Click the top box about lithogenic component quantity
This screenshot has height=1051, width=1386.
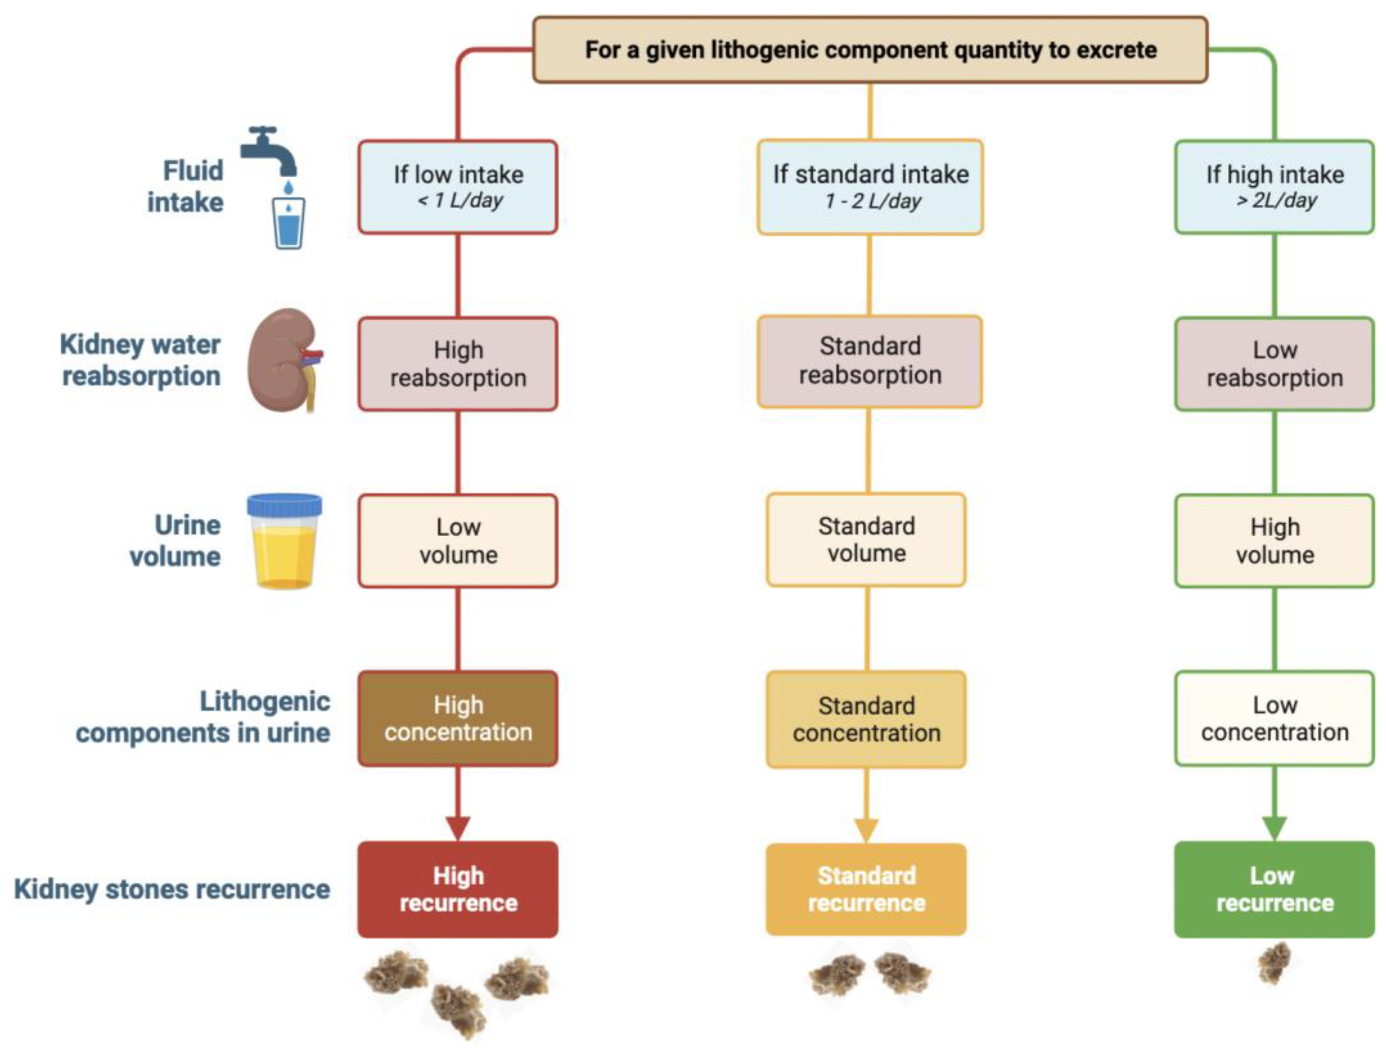[x=870, y=50]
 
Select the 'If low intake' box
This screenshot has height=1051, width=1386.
[x=458, y=187]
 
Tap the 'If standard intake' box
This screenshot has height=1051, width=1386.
[x=870, y=187]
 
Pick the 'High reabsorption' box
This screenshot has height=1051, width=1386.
[x=458, y=364]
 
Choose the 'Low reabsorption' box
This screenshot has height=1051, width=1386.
[x=1275, y=364]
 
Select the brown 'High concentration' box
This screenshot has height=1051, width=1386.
[x=458, y=718]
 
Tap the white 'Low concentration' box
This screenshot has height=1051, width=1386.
[x=1275, y=718]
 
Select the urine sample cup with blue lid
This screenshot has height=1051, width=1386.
[x=284, y=542]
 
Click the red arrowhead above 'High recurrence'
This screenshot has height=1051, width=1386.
[x=458, y=828]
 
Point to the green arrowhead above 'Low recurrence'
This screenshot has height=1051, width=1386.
[x=1275, y=828]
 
